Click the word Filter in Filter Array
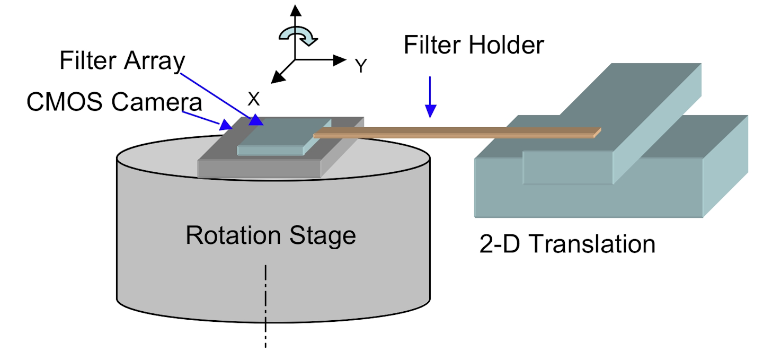[88, 61]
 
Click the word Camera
[156, 102]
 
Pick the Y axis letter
[361, 66]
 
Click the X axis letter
[254, 98]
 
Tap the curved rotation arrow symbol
[297, 36]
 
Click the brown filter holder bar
[456, 133]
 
